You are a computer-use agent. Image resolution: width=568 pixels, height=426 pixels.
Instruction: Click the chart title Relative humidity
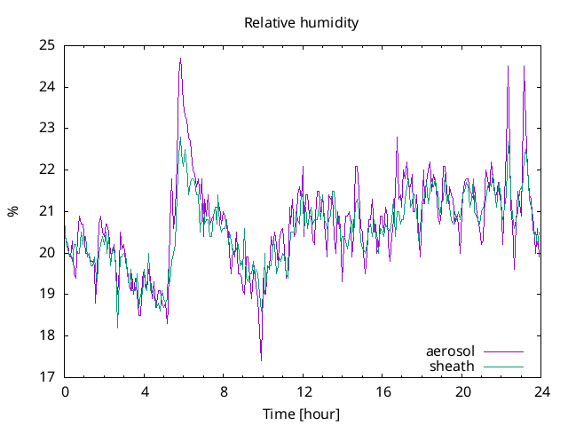pyautogui.click(x=301, y=23)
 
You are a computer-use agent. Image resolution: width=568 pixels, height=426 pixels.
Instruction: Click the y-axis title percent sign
pyautogui.click(x=12, y=211)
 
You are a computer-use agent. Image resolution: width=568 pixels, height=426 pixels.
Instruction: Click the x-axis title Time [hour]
pyautogui.click(x=301, y=414)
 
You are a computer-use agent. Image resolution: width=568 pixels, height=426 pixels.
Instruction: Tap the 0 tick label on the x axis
pyautogui.click(x=64, y=391)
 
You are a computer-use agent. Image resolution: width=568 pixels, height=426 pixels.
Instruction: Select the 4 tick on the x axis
pyautogui.click(x=144, y=391)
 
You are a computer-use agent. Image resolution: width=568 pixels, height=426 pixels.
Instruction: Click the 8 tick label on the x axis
pyautogui.click(x=224, y=391)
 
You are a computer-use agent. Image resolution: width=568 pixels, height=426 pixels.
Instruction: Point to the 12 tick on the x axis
pyautogui.click(x=304, y=391)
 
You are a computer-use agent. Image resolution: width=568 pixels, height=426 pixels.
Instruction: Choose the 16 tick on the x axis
pyautogui.click(x=383, y=391)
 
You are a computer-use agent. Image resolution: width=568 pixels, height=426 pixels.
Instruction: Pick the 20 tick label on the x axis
pyautogui.click(x=462, y=391)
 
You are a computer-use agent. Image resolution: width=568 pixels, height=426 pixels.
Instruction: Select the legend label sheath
pyautogui.click(x=453, y=366)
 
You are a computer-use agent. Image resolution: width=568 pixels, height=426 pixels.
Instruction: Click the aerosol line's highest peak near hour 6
pyautogui.click(x=180, y=59)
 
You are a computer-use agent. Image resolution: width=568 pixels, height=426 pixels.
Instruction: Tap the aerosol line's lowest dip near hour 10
pyautogui.click(x=261, y=359)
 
